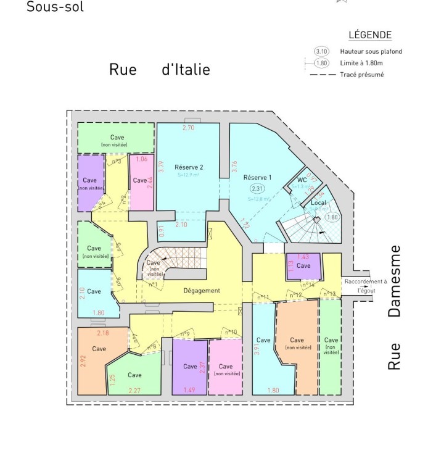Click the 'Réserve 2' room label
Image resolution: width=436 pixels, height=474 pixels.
tap(189, 167)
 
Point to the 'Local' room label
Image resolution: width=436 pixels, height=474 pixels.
tap(319, 202)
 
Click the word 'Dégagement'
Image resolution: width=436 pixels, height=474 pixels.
tap(202, 290)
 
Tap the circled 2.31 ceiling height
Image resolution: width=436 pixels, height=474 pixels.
tap(257, 188)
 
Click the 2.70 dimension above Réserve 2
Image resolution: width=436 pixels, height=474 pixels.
tap(188, 128)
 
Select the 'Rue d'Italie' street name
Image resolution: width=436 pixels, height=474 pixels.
tap(159, 69)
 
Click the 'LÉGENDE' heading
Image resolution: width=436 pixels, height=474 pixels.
tap(370, 35)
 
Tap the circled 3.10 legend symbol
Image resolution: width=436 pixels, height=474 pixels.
tap(322, 51)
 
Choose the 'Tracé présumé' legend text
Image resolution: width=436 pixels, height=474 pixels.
tap(361, 75)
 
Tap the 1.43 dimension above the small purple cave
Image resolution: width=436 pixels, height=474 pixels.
tap(303, 256)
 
